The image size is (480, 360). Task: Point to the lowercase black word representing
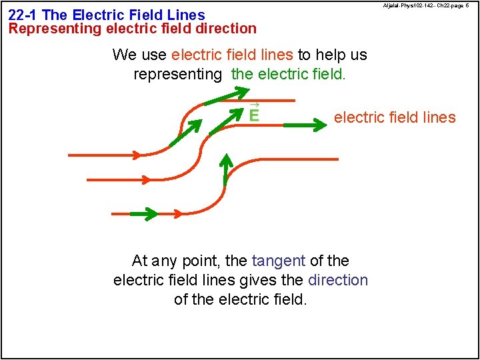pyautogui.click(x=177, y=74)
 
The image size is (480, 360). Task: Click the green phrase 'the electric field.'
pyautogui.click(x=288, y=74)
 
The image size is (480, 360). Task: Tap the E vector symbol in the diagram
pyautogui.click(x=253, y=114)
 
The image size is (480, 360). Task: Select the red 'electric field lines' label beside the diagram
pyautogui.click(x=395, y=118)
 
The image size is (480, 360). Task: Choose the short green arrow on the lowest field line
pyautogui.click(x=144, y=214)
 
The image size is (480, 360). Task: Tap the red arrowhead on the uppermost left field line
pyautogui.click(x=136, y=155)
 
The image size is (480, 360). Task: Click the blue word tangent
pyautogui.click(x=278, y=261)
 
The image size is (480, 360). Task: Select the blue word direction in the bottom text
pyautogui.click(x=338, y=280)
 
